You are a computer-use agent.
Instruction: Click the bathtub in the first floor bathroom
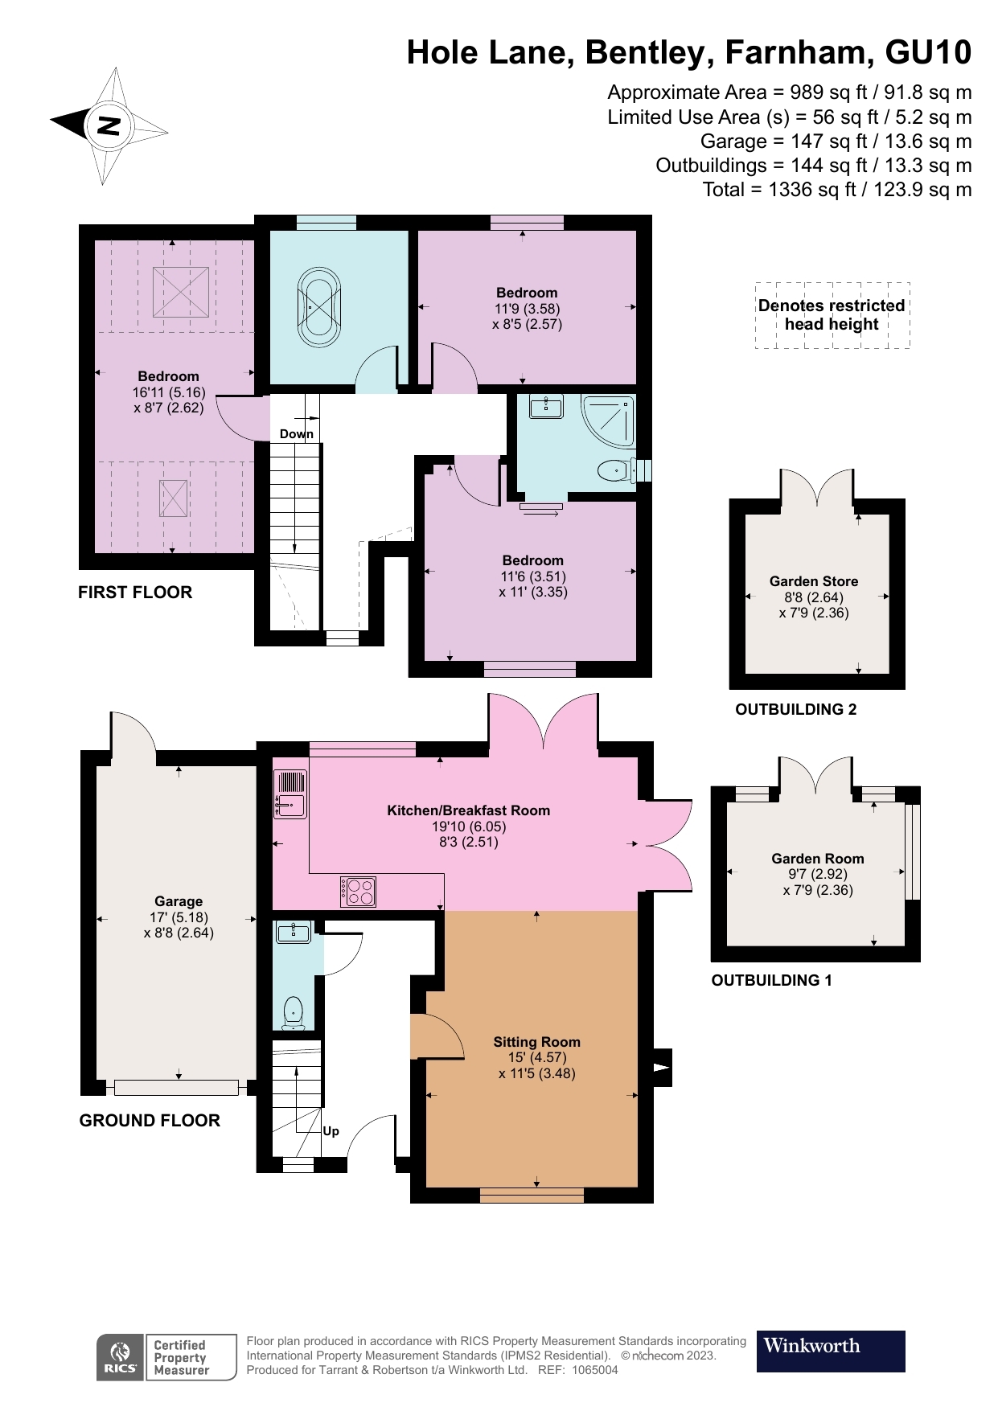click(319, 306)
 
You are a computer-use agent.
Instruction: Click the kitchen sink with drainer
click(290, 794)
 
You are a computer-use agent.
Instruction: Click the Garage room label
click(179, 901)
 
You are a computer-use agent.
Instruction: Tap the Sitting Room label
click(536, 1042)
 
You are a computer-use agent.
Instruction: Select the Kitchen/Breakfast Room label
click(468, 810)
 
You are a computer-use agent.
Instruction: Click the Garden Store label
click(813, 581)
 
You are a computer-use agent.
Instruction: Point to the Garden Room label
click(817, 859)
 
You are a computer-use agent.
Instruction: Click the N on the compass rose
click(109, 125)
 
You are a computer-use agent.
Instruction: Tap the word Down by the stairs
click(296, 434)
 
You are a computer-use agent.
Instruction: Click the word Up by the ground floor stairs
click(331, 1131)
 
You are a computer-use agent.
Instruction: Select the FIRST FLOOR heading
click(135, 593)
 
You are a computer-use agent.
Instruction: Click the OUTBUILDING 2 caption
click(795, 709)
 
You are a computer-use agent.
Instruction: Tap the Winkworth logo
click(830, 1351)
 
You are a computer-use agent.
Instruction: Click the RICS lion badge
click(121, 1358)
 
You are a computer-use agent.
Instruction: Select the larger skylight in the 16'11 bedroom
click(181, 292)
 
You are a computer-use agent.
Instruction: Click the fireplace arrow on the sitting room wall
click(661, 1068)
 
